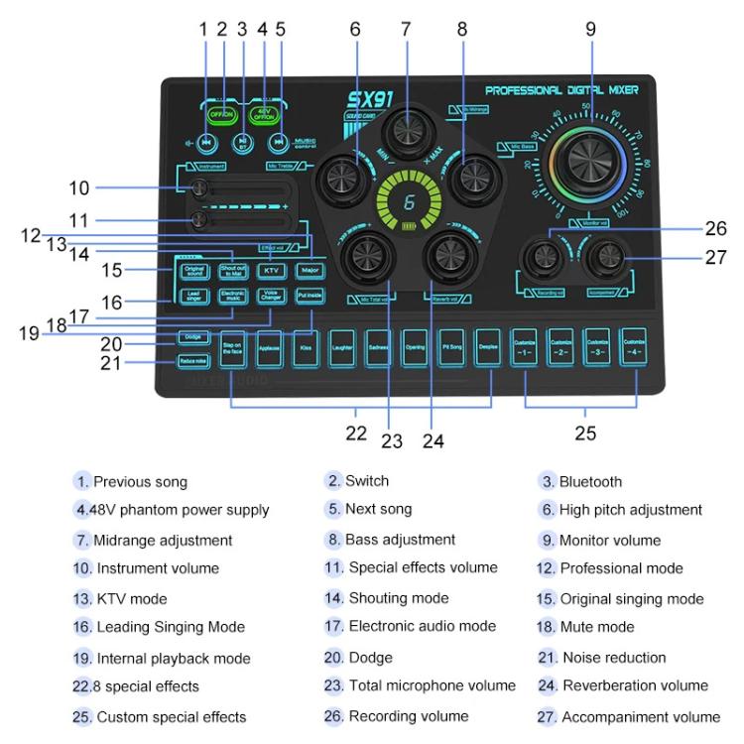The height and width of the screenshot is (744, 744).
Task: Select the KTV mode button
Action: pos(270,270)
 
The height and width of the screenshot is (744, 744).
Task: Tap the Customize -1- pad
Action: pos(526,348)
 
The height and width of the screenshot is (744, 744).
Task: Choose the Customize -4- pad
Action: pos(633,348)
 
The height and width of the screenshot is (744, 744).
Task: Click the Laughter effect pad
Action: pos(342,349)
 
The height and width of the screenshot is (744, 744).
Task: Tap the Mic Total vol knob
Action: pos(363,259)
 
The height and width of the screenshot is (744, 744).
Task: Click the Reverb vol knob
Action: pos(446,259)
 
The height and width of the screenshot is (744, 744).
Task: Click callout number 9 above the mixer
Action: pos(590,30)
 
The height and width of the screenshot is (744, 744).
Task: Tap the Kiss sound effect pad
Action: pos(307,349)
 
